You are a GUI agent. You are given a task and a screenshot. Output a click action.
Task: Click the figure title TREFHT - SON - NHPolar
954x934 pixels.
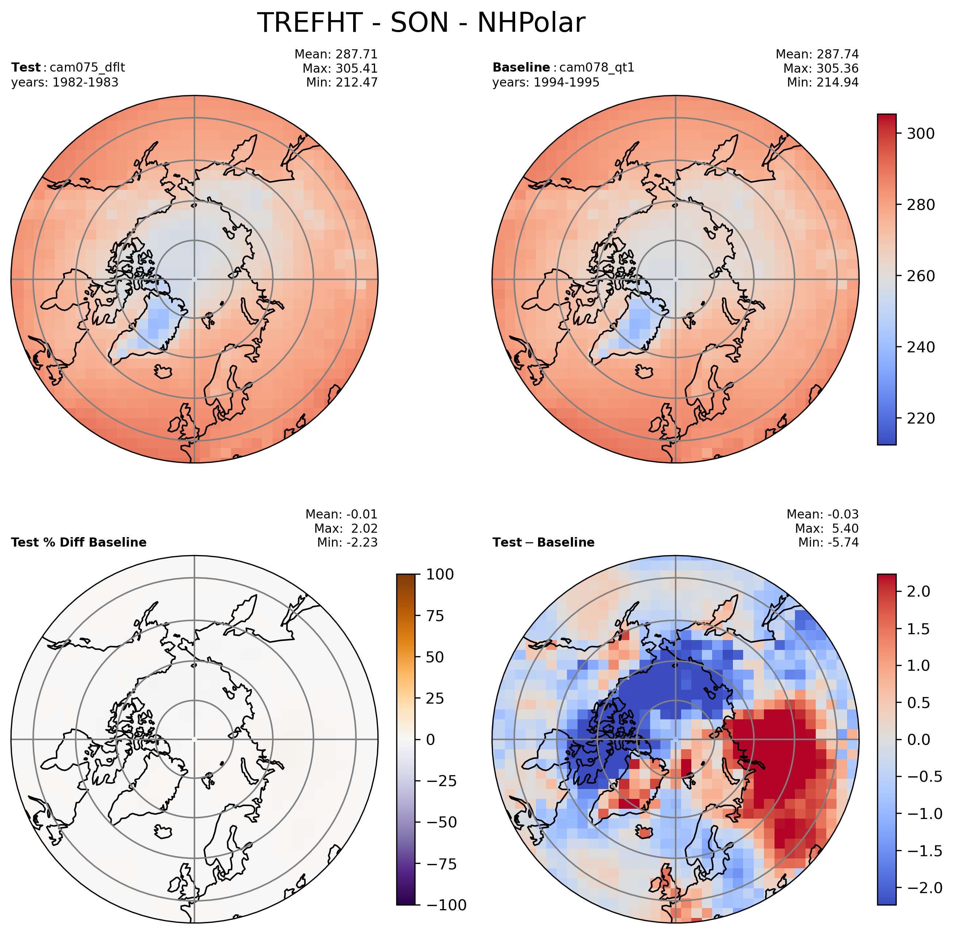click(x=421, y=23)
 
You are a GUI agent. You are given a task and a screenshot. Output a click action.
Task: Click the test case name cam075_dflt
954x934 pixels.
click(x=87, y=67)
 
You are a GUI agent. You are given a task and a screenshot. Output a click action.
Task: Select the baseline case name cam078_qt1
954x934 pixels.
click(x=596, y=67)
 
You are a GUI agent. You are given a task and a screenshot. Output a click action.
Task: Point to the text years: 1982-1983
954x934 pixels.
click(x=65, y=83)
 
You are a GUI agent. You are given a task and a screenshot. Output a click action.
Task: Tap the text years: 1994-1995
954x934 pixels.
click(x=546, y=83)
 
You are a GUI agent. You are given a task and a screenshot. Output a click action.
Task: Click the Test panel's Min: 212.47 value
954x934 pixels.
click(x=342, y=83)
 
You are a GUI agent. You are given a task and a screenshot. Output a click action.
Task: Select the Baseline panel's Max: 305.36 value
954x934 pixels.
click(x=820, y=68)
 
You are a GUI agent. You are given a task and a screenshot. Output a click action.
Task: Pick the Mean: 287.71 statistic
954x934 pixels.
click(x=336, y=54)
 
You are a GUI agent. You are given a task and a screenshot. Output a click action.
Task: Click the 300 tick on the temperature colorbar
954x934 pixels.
click(x=920, y=133)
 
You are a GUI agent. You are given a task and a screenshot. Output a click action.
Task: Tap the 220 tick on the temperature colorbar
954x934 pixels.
click(x=920, y=418)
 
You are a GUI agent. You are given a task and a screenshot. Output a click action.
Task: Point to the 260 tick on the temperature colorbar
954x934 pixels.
click(x=920, y=276)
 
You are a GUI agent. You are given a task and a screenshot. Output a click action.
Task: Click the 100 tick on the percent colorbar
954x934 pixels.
click(x=440, y=574)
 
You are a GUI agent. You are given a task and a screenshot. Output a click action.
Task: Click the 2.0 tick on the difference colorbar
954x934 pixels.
click(x=918, y=591)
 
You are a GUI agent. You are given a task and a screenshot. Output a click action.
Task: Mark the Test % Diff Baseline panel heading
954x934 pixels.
click(x=78, y=542)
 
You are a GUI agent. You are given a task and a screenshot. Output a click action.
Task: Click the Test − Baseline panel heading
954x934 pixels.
click(x=543, y=542)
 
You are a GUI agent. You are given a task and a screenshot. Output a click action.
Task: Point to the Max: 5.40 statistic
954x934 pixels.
click(x=827, y=528)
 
